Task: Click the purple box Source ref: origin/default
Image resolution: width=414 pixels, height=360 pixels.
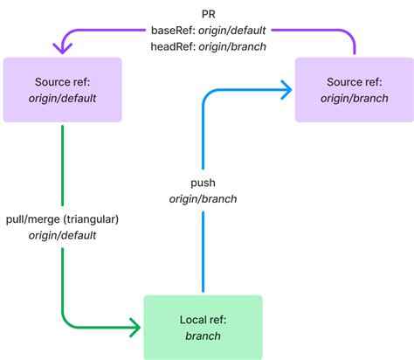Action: point(62,90)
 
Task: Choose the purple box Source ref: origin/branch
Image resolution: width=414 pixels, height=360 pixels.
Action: point(353,90)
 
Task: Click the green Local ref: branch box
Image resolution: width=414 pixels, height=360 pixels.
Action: point(203,327)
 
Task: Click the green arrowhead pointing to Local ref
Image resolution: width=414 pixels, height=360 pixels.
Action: point(135,328)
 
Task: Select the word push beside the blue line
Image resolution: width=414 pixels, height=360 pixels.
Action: point(203,183)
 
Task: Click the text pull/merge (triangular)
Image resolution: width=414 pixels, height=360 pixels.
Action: point(62,219)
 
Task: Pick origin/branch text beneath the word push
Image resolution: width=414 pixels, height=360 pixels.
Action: point(203,199)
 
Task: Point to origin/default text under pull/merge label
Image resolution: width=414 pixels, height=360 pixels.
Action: point(62,235)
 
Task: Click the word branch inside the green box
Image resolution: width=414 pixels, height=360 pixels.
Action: point(203,336)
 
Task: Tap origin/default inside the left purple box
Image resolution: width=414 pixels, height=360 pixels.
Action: point(62,98)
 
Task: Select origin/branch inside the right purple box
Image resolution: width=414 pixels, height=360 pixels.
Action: point(353,98)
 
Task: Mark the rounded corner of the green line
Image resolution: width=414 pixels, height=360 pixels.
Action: point(66,323)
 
